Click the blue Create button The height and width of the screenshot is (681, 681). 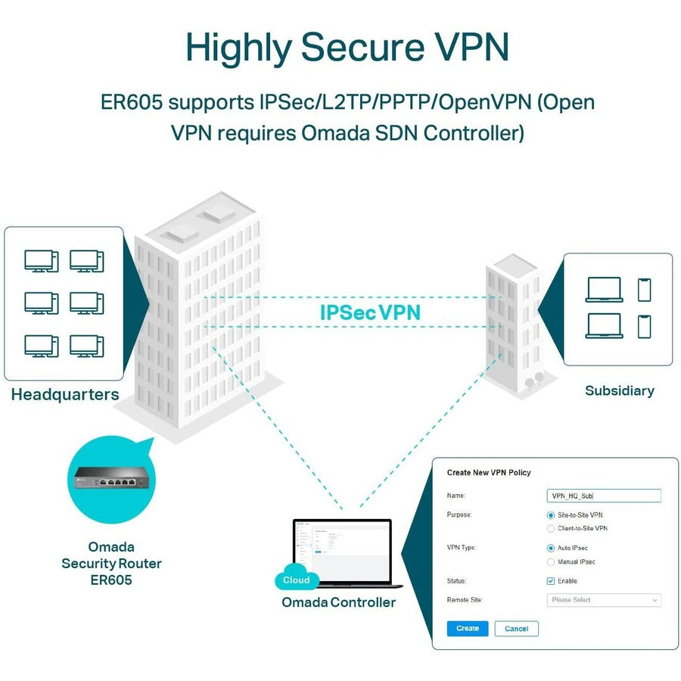coord(467,628)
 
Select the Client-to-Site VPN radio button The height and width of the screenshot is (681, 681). coord(551,528)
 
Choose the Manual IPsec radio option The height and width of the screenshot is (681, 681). coord(551,562)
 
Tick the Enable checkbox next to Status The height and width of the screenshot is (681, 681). coord(551,581)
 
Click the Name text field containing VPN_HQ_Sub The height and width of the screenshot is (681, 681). coord(603,496)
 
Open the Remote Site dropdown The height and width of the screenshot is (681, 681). coord(603,600)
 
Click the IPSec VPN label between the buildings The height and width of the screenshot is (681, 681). coord(370,312)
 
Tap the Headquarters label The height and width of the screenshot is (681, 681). coord(65,394)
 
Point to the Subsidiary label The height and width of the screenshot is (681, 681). coord(619,390)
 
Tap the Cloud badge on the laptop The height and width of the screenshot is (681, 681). coord(296,580)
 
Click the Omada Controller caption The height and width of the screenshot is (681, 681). coord(338,602)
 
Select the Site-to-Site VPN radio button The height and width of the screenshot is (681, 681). coord(551,515)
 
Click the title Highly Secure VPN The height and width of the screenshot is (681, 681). coord(347,48)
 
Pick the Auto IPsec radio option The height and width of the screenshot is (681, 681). coord(551,548)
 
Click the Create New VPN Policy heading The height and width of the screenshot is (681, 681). coord(489,473)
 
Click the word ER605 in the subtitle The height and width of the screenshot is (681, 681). coord(130,102)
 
